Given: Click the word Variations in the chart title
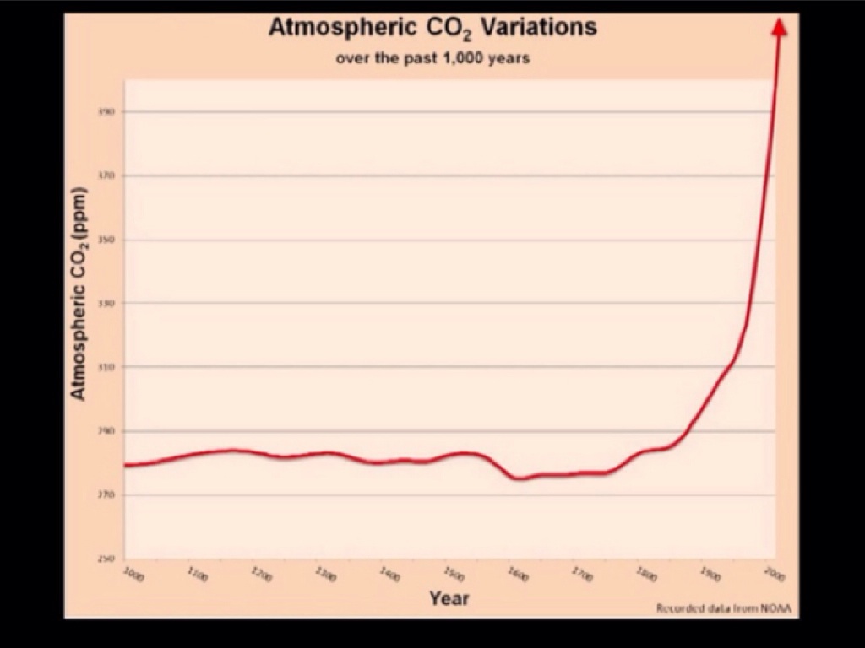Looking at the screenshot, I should [538, 27].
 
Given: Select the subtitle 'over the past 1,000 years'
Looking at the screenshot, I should [432, 58].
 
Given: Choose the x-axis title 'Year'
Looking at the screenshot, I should [449, 598].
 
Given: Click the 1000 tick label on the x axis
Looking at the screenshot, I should [133, 575].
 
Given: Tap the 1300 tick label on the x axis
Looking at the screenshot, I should [325, 575].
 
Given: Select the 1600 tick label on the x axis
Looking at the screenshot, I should [517, 575].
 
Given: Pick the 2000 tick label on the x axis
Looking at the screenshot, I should [774, 575].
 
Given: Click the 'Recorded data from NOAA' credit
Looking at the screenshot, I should [726, 608].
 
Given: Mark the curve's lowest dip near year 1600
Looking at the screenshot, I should [518, 478].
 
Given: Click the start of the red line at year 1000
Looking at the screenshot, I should [126, 465].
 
